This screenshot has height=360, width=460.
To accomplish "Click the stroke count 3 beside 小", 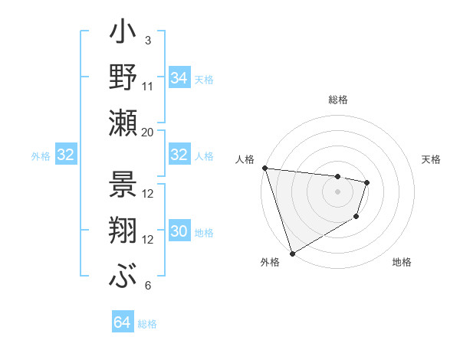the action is coord(147,40).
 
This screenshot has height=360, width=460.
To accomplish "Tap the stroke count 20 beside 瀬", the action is coord(148,132).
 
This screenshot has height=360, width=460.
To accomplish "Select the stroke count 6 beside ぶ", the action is coord(147,286).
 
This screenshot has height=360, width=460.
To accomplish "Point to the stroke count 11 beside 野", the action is coord(148,86).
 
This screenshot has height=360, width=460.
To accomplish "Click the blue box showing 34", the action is coord(179,77).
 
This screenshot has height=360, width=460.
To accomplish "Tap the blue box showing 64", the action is coord(122,322).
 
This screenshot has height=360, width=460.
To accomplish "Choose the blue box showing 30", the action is coord(179,232).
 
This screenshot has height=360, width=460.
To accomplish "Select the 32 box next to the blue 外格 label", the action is coord(65,155).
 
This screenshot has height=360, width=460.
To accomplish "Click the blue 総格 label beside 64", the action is coord(147,324).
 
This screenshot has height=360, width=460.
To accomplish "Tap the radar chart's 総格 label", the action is coord(337,100).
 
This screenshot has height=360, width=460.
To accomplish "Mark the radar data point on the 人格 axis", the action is coord(264,168).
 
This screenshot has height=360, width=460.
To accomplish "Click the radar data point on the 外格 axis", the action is coord(292,254).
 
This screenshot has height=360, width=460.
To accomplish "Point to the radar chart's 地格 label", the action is coord(402,262).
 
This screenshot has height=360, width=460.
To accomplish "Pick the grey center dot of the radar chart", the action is coord(337,191).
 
